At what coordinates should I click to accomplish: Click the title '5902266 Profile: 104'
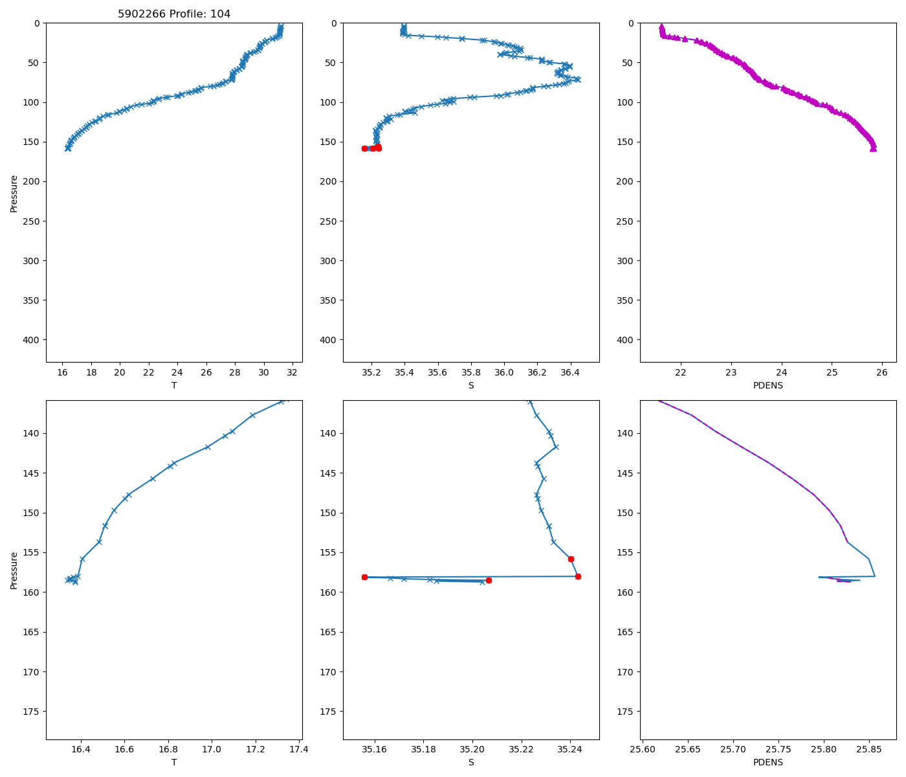click(x=174, y=14)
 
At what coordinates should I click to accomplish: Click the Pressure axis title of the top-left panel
click(x=14, y=193)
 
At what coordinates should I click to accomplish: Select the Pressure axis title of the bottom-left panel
click(x=14, y=570)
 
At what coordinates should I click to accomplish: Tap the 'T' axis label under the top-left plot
click(x=174, y=385)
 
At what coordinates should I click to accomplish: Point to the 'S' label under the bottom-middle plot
click(x=471, y=762)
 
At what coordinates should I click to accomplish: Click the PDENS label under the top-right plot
click(x=768, y=385)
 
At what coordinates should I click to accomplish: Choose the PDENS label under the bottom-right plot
click(x=768, y=762)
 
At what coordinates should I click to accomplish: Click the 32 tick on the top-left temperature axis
click(x=293, y=373)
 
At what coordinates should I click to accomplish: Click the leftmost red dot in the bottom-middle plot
click(x=364, y=577)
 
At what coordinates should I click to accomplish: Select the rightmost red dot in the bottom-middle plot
click(x=578, y=576)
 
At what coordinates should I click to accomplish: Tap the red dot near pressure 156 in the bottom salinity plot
click(x=571, y=559)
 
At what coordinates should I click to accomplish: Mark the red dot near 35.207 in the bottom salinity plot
click(x=489, y=580)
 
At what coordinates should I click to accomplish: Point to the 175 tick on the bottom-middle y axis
click(x=329, y=712)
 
